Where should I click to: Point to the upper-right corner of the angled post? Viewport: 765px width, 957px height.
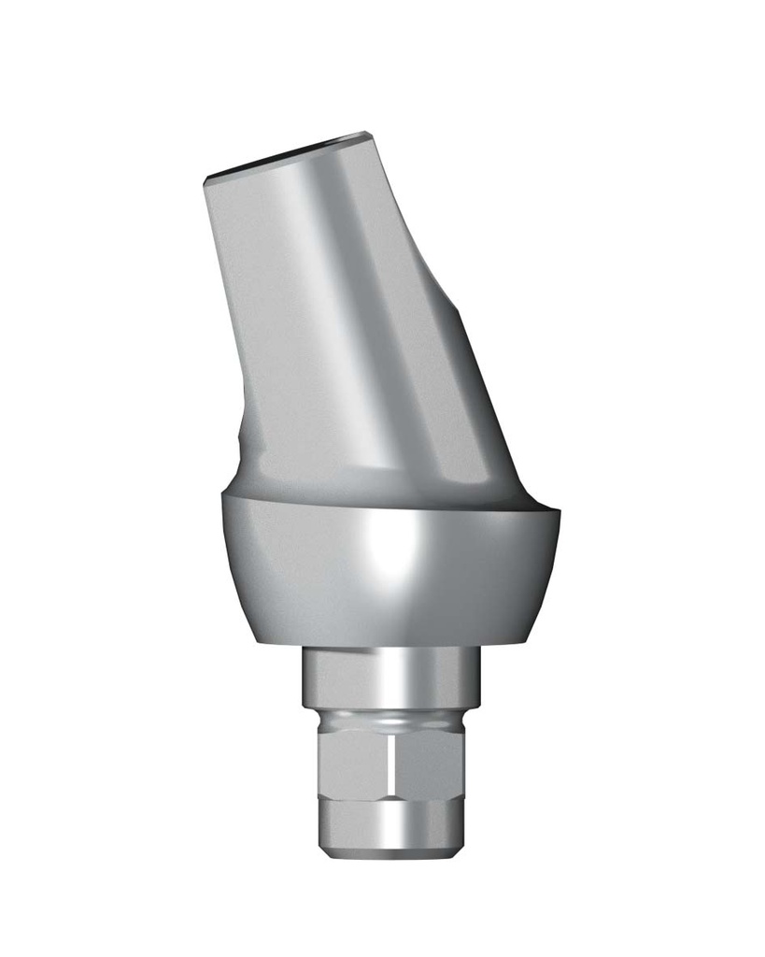366,134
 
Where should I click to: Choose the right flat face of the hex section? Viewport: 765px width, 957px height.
430,762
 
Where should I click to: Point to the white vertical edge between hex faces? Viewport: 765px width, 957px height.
390,762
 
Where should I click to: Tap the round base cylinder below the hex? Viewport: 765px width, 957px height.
392,818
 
